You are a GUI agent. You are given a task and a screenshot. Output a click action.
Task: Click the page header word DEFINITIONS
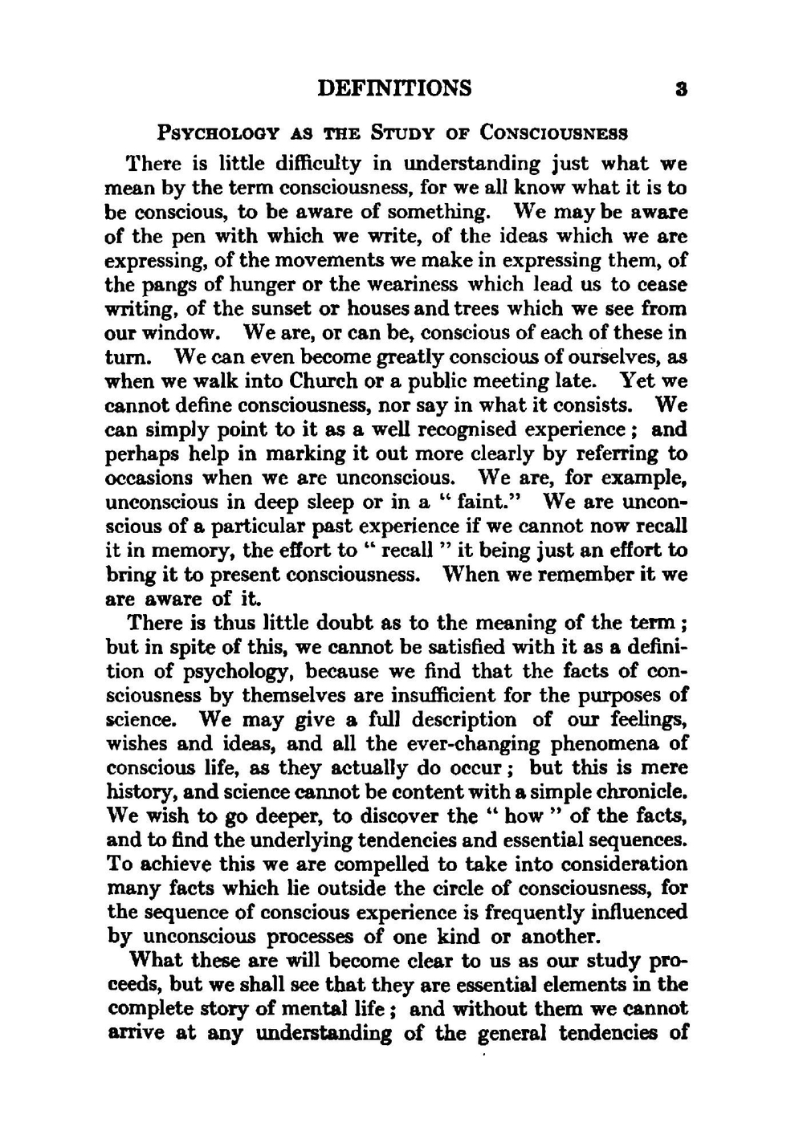click(394, 87)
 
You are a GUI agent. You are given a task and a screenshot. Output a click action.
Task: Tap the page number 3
click(681, 89)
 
